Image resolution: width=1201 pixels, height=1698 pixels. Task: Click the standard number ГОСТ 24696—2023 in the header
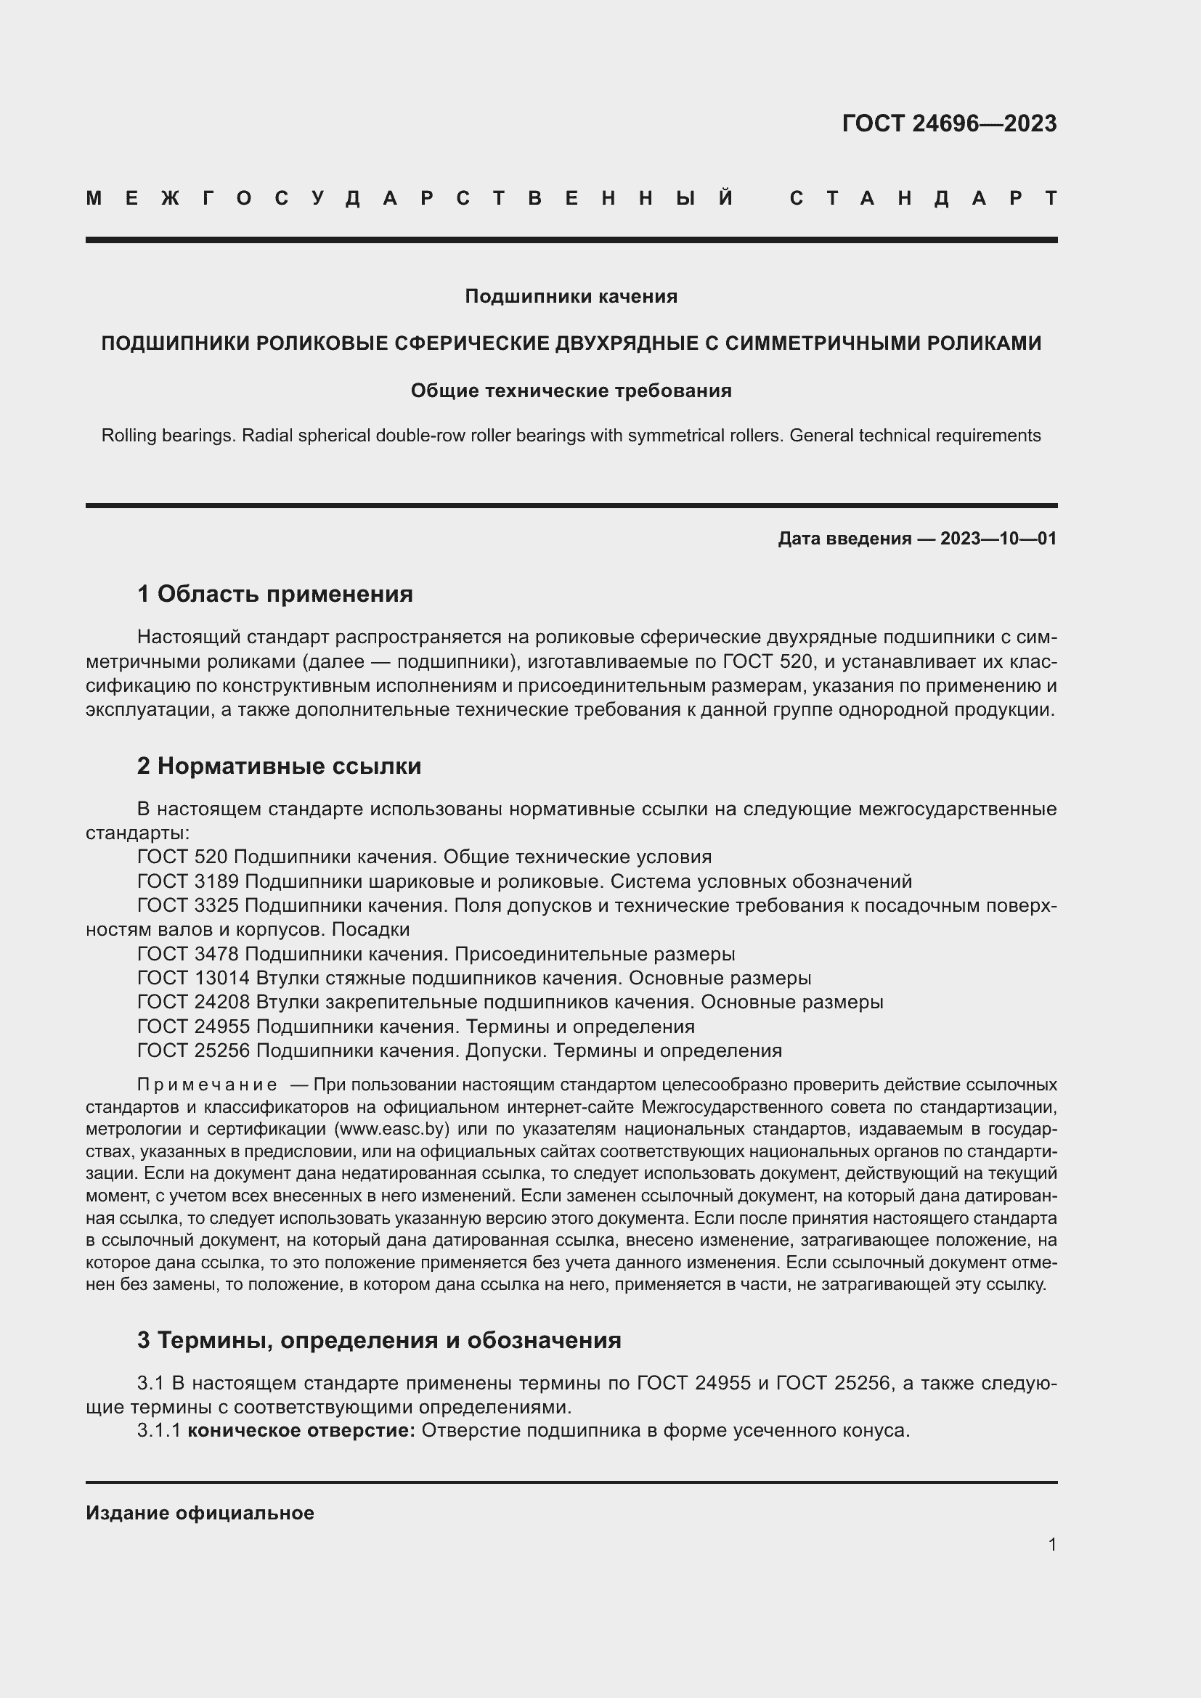[949, 123]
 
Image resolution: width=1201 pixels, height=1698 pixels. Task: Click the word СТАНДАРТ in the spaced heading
[923, 198]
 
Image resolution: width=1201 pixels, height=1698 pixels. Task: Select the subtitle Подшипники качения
[571, 297]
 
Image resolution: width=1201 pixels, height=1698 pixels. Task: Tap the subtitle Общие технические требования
[571, 391]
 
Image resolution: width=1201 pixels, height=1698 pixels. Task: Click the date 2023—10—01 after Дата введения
[998, 539]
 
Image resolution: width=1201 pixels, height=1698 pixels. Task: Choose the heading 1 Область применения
[275, 594]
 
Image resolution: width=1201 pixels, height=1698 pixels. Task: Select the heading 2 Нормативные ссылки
[279, 766]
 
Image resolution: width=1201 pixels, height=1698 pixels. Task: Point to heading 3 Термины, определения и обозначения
[378, 1340]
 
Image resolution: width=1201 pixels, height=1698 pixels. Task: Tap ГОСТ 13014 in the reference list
[194, 978]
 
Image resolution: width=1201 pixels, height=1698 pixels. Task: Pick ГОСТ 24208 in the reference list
[194, 1002]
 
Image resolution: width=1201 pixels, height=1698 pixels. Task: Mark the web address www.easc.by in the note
[392, 1130]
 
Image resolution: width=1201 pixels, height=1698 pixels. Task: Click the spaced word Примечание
[207, 1085]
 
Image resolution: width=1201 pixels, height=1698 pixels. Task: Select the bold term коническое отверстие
[302, 1430]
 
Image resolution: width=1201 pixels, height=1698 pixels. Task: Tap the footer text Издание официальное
[200, 1513]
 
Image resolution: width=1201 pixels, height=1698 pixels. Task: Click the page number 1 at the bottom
[1051, 1544]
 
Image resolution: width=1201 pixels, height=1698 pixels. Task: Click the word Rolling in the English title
[128, 436]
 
